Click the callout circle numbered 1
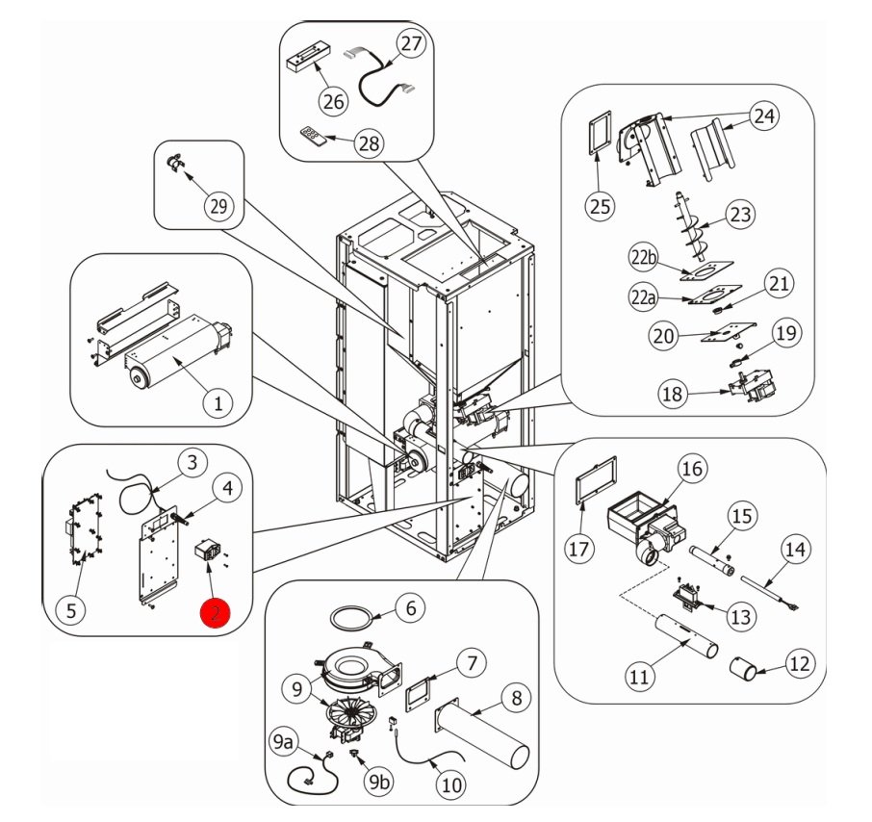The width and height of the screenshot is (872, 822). click(x=218, y=403)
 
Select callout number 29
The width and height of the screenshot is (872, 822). click(x=218, y=207)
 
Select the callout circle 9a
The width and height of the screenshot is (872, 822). click(x=282, y=742)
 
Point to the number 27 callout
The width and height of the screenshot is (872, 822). click(x=411, y=44)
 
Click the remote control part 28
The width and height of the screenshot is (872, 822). click(x=314, y=136)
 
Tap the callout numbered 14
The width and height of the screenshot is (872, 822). click(x=794, y=551)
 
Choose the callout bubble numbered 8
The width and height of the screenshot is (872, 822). click(x=516, y=698)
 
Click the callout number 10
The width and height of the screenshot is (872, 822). click(x=450, y=784)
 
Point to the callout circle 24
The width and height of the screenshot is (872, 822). click(x=763, y=116)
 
